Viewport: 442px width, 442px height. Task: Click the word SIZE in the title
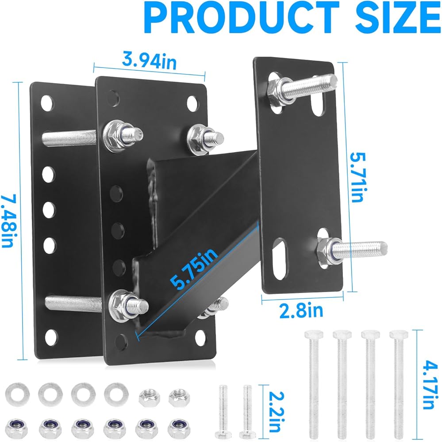click(x=398, y=18)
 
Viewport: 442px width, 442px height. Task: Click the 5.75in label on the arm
click(x=194, y=269)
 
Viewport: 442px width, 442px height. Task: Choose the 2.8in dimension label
click(x=301, y=310)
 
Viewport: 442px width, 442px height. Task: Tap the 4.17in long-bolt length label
click(x=430, y=385)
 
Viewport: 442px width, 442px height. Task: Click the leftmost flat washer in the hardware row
click(x=17, y=395)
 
